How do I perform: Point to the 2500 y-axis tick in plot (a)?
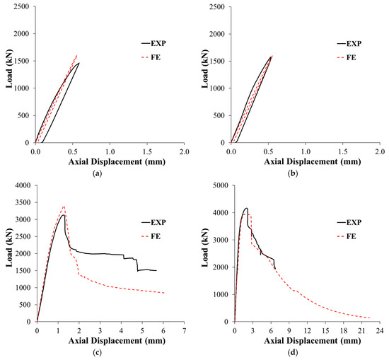click(x=23, y=6)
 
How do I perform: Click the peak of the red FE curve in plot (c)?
click(x=64, y=207)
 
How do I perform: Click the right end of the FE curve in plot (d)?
click(x=370, y=318)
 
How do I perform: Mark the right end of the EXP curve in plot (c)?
click(x=156, y=270)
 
